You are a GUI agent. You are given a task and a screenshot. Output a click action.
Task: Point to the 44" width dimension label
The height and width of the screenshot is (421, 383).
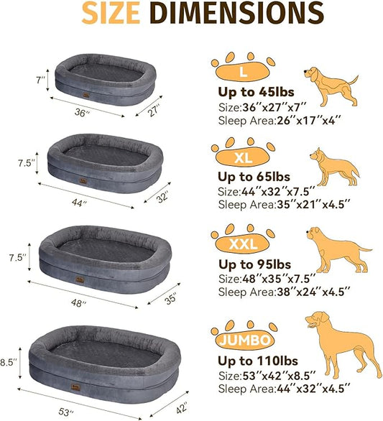pyautogui.click(x=80, y=204)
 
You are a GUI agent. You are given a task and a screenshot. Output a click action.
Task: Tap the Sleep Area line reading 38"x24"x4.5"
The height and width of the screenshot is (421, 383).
pyautogui.click(x=284, y=292)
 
